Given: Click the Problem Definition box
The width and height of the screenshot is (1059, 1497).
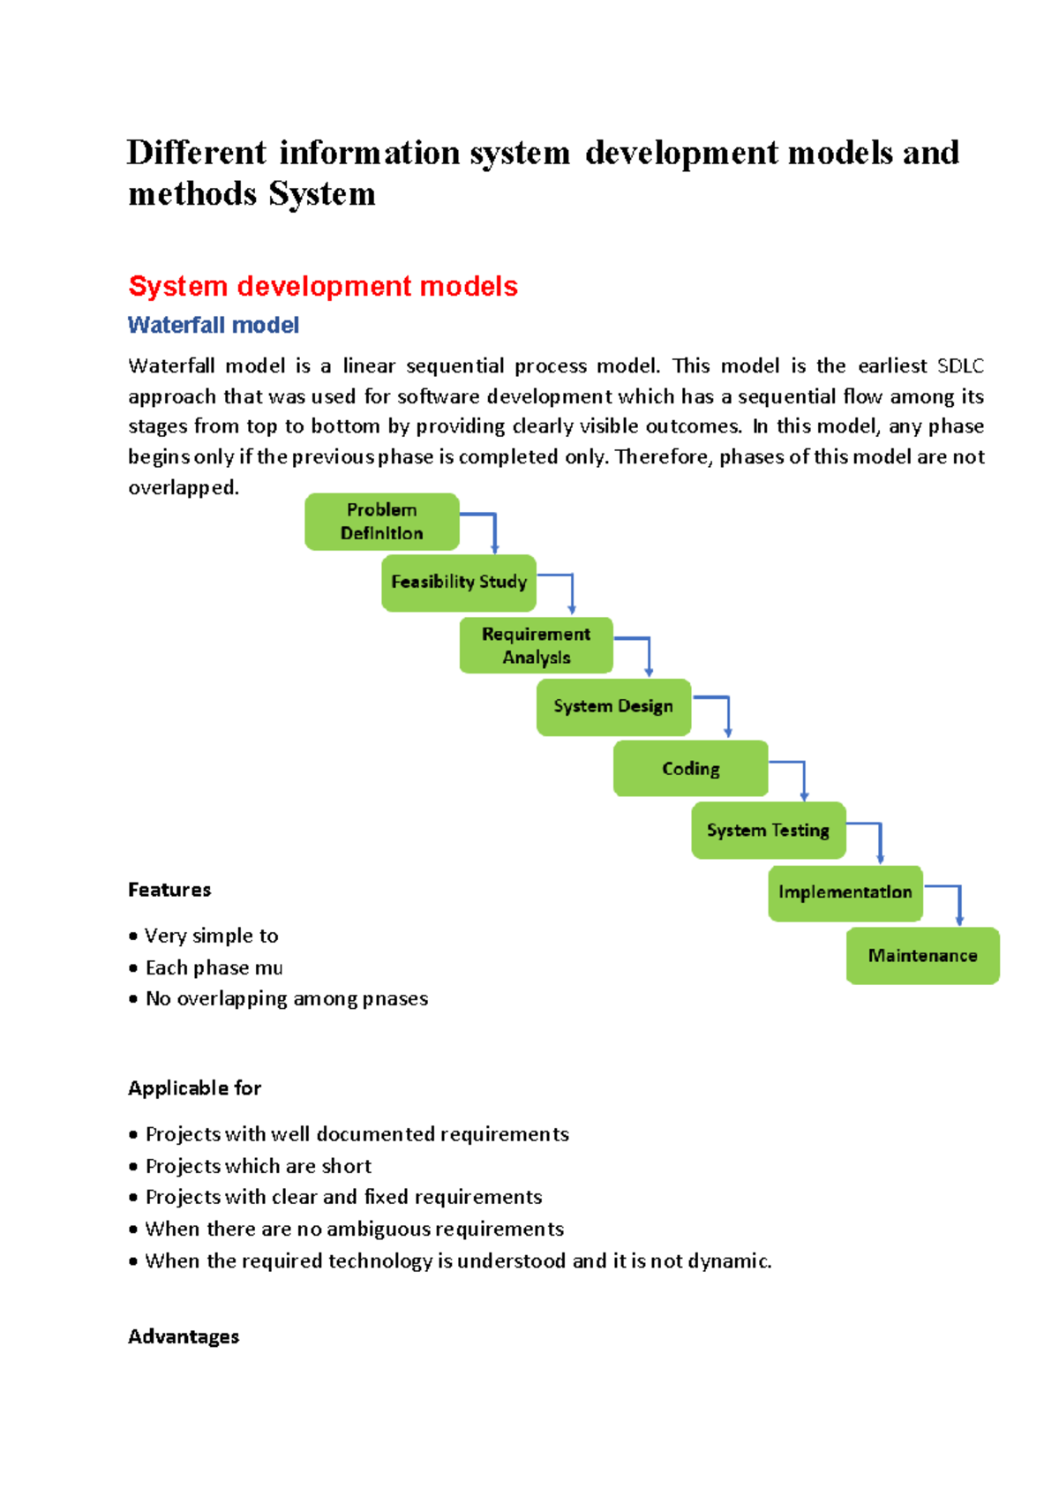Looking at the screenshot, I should tap(381, 522).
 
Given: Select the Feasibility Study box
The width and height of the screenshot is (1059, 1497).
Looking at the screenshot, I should tap(458, 583).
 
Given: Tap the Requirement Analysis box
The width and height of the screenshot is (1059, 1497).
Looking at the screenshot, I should tap(536, 645).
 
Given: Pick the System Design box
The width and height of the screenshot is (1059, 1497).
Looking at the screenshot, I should tap(613, 707).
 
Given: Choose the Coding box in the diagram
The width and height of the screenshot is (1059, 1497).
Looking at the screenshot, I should tap(690, 769).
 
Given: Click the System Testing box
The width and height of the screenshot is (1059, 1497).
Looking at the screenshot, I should tap(768, 831).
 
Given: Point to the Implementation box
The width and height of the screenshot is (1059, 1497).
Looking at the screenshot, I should tap(845, 893).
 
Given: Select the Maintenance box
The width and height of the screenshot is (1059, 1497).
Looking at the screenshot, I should tap(922, 956).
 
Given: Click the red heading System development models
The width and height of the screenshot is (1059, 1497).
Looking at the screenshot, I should tap(323, 286).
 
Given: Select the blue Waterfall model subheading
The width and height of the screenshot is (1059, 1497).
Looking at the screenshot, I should tap(214, 326).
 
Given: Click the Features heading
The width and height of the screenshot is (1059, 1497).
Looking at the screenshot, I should tap(169, 890).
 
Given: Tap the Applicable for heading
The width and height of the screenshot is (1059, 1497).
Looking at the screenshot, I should tap(194, 1088).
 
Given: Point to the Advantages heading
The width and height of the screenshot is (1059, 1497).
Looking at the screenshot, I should tap(184, 1337).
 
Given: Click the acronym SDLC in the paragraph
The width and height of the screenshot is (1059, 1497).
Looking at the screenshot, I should tap(960, 366).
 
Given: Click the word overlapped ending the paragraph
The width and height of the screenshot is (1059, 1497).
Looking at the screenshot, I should tap(182, 488).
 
